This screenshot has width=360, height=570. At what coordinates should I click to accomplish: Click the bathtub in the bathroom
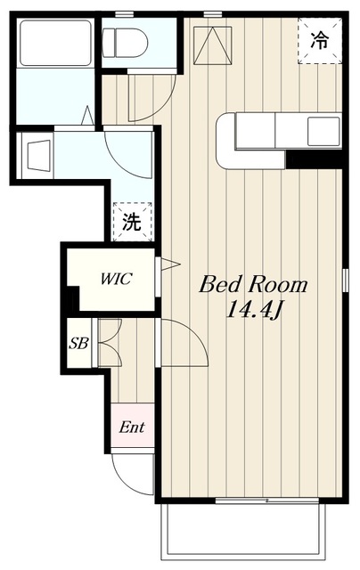tap(55, 43)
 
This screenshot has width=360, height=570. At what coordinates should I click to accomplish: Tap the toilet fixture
tap(125, 43)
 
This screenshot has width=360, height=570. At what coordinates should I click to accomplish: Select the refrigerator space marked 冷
tap(320, 41)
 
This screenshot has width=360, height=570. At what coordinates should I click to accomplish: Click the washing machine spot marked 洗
tap(132, 222)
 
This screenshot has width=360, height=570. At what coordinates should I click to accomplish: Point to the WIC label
tap(116, 279)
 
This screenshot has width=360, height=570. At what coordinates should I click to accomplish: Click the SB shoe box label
tap(79, 343)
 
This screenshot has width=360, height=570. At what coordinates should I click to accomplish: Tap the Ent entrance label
tap(132, 427)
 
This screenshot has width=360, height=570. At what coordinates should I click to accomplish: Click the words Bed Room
tap(253, 285)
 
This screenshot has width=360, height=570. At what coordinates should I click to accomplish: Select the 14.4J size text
tap(254, 310)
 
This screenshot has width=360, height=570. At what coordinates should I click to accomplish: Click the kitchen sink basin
tap(323, 131)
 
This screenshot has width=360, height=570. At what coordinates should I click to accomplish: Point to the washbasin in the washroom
tap(38, 156)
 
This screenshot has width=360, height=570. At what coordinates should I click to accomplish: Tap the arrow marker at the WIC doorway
tap(170, 265)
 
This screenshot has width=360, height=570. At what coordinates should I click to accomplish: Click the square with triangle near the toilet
tap(213, 45)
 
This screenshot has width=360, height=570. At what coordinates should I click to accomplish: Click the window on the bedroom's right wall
tap(345, 280)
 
